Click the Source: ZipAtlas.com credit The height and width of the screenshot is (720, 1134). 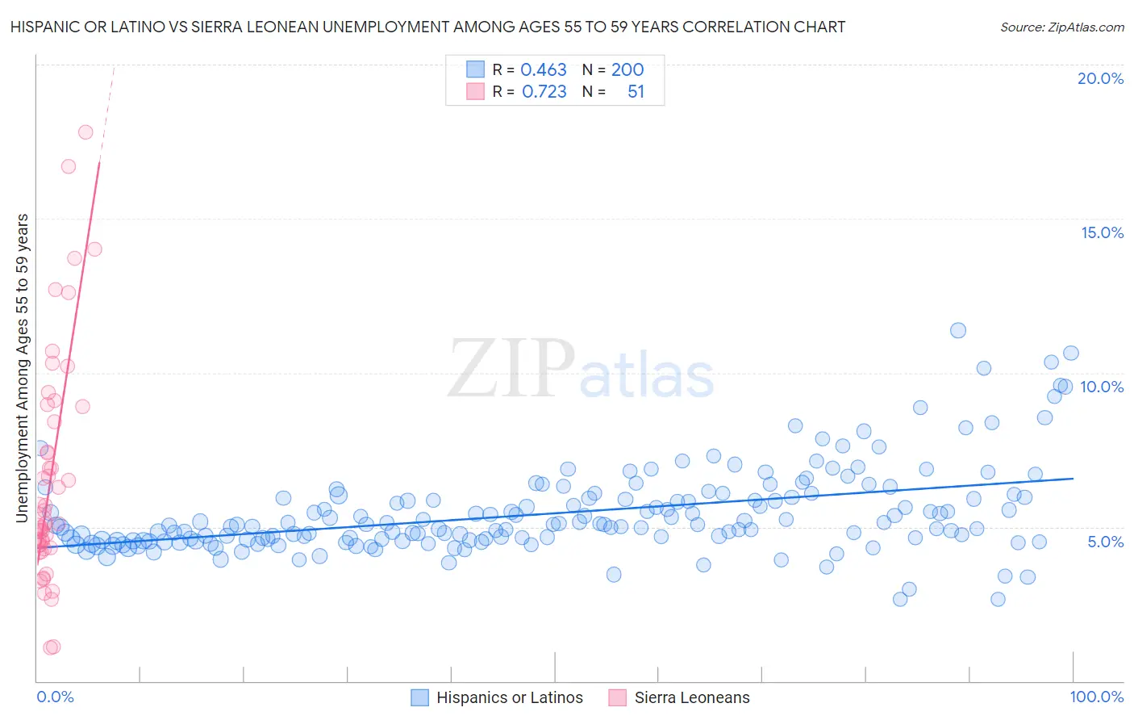(x=1061, y=27)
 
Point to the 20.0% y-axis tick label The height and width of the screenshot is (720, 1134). (x=1100, y=78)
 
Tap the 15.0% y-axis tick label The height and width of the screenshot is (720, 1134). (x=1102, y=232)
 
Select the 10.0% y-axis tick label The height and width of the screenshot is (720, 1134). (x=1102, y=387)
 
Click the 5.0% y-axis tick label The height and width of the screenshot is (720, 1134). (x=1105, y=542)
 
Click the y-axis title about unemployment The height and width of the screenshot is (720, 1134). (x=23, y=367)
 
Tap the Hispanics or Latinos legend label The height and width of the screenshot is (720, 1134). (x=509, y=697)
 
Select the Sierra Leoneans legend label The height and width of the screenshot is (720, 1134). (x=692, y=697)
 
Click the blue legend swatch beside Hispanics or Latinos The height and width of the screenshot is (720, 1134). (x=419, y=697)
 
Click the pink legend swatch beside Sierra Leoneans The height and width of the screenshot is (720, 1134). (x=618, y=697)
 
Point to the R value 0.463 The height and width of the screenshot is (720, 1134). (x=544, y=70)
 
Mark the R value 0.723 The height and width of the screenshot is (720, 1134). (x=544, y=92)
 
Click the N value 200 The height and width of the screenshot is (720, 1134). (x=627, y=70)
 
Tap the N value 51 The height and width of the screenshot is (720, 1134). (x=636, y=92)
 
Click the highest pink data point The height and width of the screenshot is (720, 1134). (x=85, y=132)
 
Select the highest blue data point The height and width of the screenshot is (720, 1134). (x=958, y=330)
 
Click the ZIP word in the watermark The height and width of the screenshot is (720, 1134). (x=511, y=368)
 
